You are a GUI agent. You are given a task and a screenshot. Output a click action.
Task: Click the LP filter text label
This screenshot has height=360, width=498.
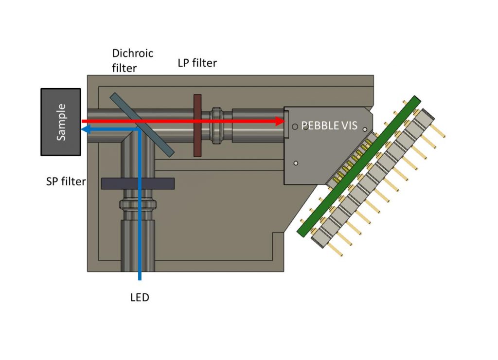pyautogui.click(x=197, y=63)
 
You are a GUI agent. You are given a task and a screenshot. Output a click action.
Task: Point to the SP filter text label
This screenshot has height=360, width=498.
pyautogui.click(x=66, y=181)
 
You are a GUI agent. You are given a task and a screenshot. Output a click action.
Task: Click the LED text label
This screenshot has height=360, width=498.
pyautogui.click(x=140, y=297)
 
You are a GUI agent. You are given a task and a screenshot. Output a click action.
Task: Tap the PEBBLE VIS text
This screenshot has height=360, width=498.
pyautogui.click(x=329, y=126)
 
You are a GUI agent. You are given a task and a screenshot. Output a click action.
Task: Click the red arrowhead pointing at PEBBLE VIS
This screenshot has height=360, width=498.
pyautogui.click(x=280, y=121)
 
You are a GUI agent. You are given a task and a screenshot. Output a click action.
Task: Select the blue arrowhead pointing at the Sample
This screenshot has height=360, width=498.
pyautogui.click(x=85, y=129)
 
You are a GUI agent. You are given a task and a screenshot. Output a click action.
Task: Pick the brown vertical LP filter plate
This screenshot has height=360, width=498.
pyautogui.click(x=197, y=126)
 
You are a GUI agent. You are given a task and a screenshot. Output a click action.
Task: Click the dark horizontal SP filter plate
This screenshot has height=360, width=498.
pyautogui.click(x=138, y=183)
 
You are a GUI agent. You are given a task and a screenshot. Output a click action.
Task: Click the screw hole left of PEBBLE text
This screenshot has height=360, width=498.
pyautogui.click(x=295, y=126)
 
